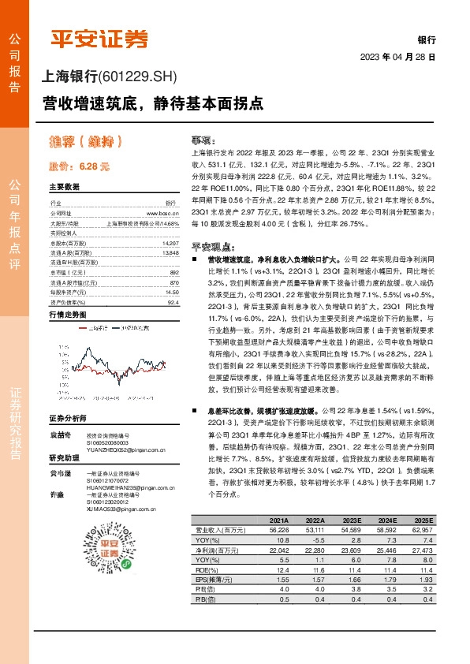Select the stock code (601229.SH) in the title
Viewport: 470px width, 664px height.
coord(140,76)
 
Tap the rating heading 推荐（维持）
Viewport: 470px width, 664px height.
coord(86,142)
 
